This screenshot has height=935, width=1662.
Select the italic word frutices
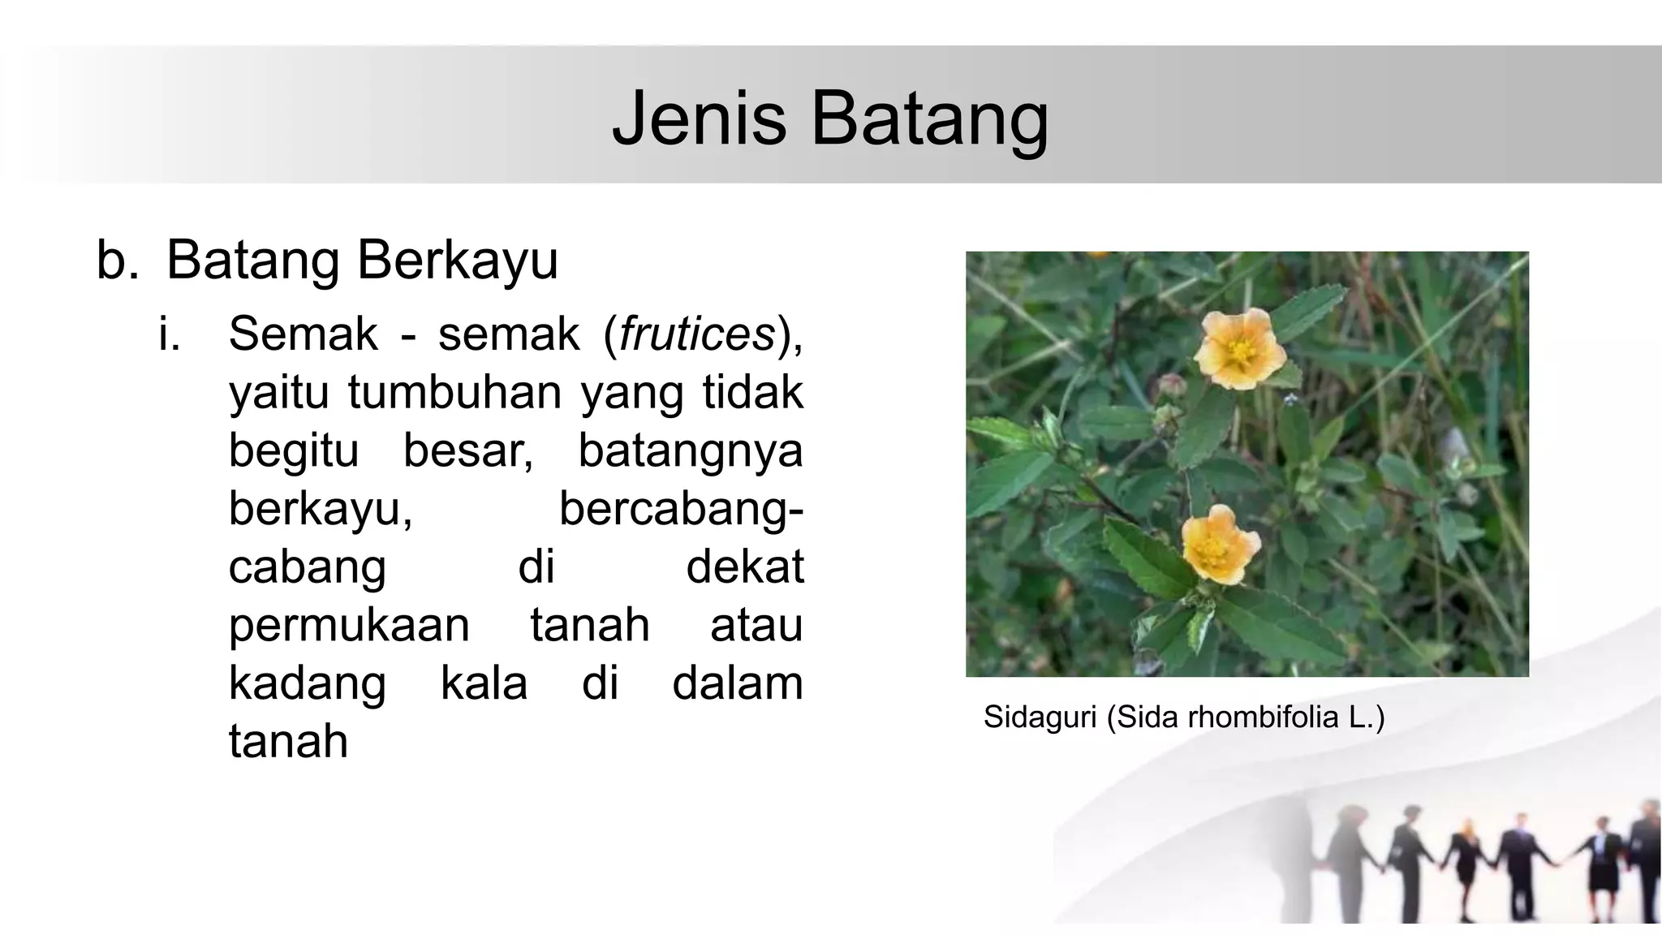[697, 334]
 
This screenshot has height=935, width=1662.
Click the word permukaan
[349, 626]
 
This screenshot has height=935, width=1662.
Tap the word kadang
[307, 684]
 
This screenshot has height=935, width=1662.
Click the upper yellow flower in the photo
[1240, 349]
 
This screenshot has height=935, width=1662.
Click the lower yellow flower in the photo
[1220, 545]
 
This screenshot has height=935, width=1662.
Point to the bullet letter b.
[117, 261]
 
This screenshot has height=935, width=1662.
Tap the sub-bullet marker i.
[169, 334]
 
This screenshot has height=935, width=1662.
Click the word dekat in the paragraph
[744, 567]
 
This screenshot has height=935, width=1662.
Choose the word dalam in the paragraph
[737, 684]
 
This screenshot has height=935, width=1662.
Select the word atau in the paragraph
[756, 626]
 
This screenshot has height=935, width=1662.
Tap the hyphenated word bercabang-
[681, 509]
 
